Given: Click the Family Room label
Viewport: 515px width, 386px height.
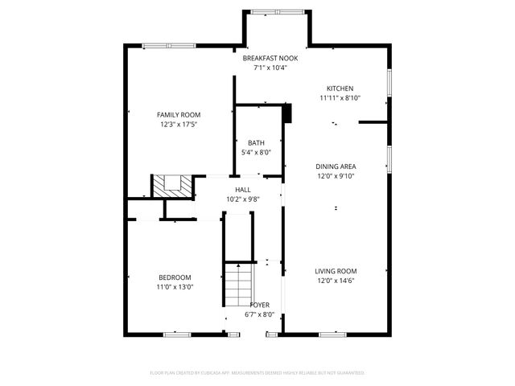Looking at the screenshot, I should (179, 115).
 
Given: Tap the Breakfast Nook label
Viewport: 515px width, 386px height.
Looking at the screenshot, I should (270, 59).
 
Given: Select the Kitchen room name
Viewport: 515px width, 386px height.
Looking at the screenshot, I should (340, 88).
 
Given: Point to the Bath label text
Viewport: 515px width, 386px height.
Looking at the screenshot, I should (256, 143).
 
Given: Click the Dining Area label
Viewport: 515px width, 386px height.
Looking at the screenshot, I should (335, 166).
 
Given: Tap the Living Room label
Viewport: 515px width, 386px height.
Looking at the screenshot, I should (336, 271).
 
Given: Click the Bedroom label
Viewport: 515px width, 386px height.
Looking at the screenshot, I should (175, 277).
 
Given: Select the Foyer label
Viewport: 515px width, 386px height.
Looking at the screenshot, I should (260, 305).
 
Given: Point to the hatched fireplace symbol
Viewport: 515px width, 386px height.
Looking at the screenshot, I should (173, 186).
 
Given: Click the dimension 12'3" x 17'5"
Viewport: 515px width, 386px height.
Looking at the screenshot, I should (179, 125).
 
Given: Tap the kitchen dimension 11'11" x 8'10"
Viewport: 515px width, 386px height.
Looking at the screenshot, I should (340, 98).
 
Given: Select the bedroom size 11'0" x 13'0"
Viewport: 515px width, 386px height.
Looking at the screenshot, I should (175, 287).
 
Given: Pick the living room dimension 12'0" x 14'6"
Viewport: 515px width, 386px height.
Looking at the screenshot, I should (336, 281).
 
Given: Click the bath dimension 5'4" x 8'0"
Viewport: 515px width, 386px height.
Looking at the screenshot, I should (256, 153).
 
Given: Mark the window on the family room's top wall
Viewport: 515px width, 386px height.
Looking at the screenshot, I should (168, 45).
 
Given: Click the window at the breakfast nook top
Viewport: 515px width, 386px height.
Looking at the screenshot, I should (277, 12).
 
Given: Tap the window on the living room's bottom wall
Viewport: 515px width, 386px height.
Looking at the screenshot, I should (333, 332).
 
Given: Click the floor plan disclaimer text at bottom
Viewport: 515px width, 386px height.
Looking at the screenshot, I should (257, 372).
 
